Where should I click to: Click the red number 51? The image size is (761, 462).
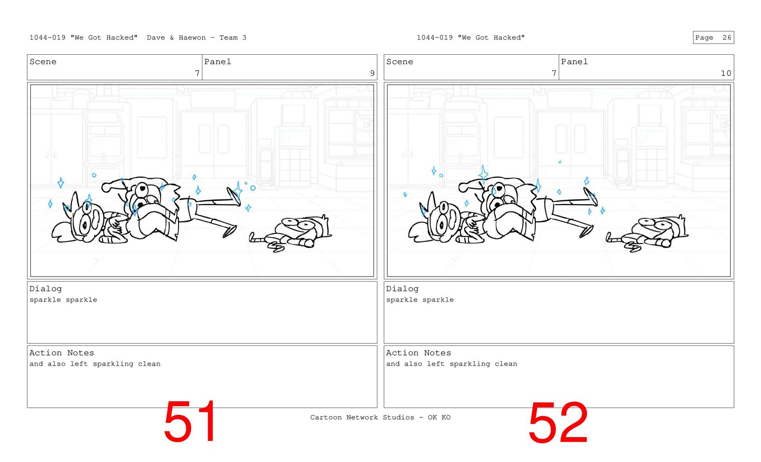190,421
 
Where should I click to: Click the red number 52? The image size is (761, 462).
558,422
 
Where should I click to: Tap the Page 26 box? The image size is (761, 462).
713,37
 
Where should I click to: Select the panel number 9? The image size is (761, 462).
372,73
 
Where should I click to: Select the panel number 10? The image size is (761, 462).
726,73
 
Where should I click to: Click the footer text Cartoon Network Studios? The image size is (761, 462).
362,417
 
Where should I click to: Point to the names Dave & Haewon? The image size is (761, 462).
176,38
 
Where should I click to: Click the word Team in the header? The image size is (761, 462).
229,38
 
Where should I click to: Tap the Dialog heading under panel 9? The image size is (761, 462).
46,289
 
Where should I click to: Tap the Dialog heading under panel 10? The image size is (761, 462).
402,289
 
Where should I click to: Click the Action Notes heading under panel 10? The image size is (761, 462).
419,353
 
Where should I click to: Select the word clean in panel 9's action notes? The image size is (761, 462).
149,364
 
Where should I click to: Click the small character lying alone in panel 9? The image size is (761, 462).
291,234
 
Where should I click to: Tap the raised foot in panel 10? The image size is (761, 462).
591,197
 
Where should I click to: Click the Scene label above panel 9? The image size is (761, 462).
43,62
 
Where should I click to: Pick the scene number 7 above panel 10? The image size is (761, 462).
554,73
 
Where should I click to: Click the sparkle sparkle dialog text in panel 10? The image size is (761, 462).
420,300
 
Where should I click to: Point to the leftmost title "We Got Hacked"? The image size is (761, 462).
104,38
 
